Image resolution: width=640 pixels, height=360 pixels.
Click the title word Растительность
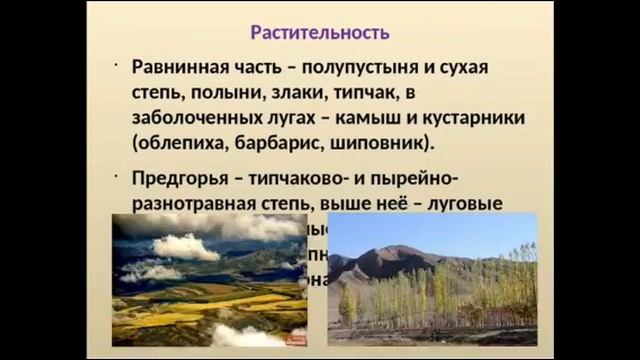point(319,33)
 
